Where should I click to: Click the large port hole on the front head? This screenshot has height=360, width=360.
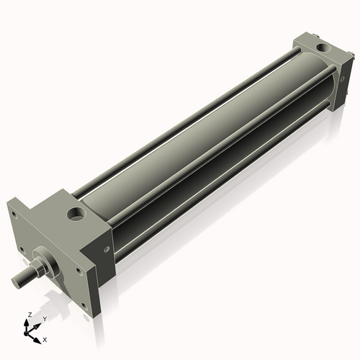(76, 214)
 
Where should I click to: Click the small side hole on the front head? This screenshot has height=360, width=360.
(107, 250)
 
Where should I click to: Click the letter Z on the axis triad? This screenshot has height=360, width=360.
(28, 315)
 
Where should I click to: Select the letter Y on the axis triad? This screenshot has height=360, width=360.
(44, 318)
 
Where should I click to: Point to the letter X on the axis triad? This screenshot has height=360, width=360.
(45, 338)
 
